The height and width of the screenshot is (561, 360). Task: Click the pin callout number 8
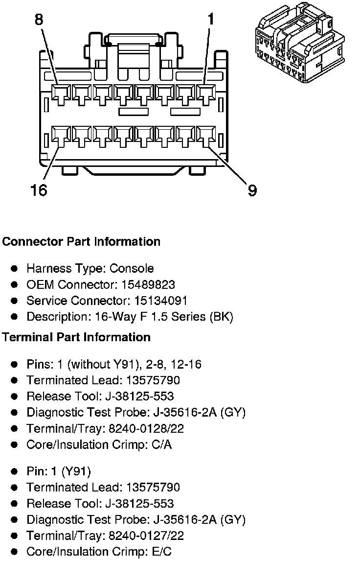click(x=39, y=20)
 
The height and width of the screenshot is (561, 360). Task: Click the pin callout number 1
click(x=210, y=20)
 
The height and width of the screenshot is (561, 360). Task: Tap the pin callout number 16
click(x=39, y=190)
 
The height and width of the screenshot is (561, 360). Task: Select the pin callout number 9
click(x=252, y=190)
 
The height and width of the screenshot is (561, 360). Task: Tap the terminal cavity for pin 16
click(x=60, y=137)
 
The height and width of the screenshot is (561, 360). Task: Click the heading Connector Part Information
click(x=81, y=242)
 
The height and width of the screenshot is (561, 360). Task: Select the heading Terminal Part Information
click(x=76, y=337)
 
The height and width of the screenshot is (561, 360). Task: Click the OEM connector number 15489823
click(x=150, y=284)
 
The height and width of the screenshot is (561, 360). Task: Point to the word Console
click(x=132, y=268)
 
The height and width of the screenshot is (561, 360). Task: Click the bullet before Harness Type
click(x=15, y=268)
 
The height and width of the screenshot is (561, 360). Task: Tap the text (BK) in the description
click(x=221, y=317)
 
